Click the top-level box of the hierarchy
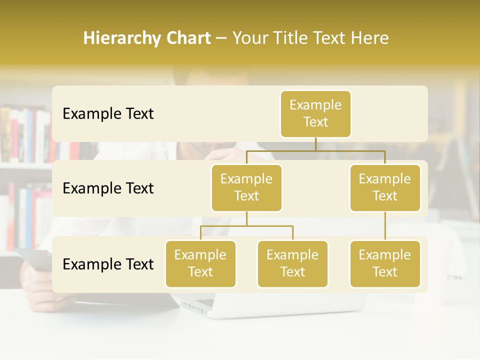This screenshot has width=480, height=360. pos(315,113)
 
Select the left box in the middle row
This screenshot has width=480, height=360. pos(246,187)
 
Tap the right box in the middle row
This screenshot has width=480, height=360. pos(385,187)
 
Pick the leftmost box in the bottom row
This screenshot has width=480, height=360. pos(200,263)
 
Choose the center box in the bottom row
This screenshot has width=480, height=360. pos(292,263)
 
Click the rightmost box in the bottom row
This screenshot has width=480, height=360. pos(385,263)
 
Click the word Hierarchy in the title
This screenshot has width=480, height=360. pos(120,38)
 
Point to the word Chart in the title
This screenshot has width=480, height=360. pos(186,38)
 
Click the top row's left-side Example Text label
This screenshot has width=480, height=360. pos(108,113)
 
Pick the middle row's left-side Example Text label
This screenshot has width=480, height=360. pos(108,188)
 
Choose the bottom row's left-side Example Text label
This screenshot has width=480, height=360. pos(108,264)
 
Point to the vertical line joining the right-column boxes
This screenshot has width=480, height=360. pos(385,225)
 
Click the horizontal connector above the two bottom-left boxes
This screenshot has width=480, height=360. pos(246,226)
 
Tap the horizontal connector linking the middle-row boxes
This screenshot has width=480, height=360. pos(315,150)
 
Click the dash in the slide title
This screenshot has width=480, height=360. pos(221,38)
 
